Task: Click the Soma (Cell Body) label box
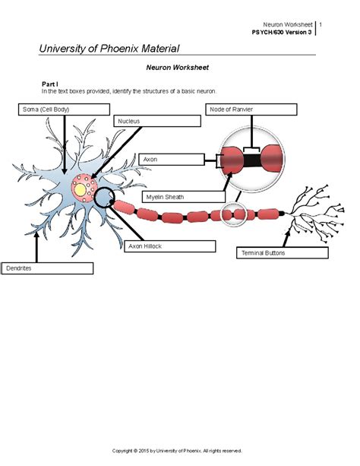pos(64,109)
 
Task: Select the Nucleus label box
pos(157,121)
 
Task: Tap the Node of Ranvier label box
pos(251,109)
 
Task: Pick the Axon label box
pos(172,160)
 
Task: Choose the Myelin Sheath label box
pos(184,197)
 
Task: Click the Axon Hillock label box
pos(170,246)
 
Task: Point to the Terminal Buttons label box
pos(283,252)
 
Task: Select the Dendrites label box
pos(48,268)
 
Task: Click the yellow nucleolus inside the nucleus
pos(81,189)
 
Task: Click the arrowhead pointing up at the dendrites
pos(36,234)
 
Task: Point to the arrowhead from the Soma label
pos(64,172)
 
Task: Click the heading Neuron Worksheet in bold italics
pos(177,68)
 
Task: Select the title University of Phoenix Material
pos(109,49)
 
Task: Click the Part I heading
pos(50,84)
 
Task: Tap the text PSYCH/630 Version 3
pos(282,32)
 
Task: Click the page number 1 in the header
pos(321,24)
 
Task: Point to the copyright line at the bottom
pos(177,451)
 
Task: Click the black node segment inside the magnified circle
pos(252,160)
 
